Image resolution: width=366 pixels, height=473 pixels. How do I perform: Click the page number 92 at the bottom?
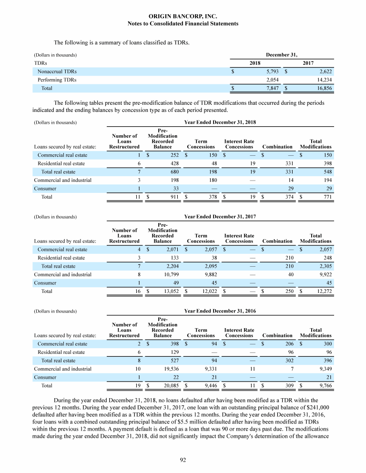[183, 460]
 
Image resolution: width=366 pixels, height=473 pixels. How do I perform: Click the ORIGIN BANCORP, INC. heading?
[183, 16]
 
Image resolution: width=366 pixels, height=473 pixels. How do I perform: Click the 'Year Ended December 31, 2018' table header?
[220, 122]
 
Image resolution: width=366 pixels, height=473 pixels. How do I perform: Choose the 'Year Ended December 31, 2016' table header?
[220, 311]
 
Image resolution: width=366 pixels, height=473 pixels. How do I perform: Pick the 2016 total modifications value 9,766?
[324, 386]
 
